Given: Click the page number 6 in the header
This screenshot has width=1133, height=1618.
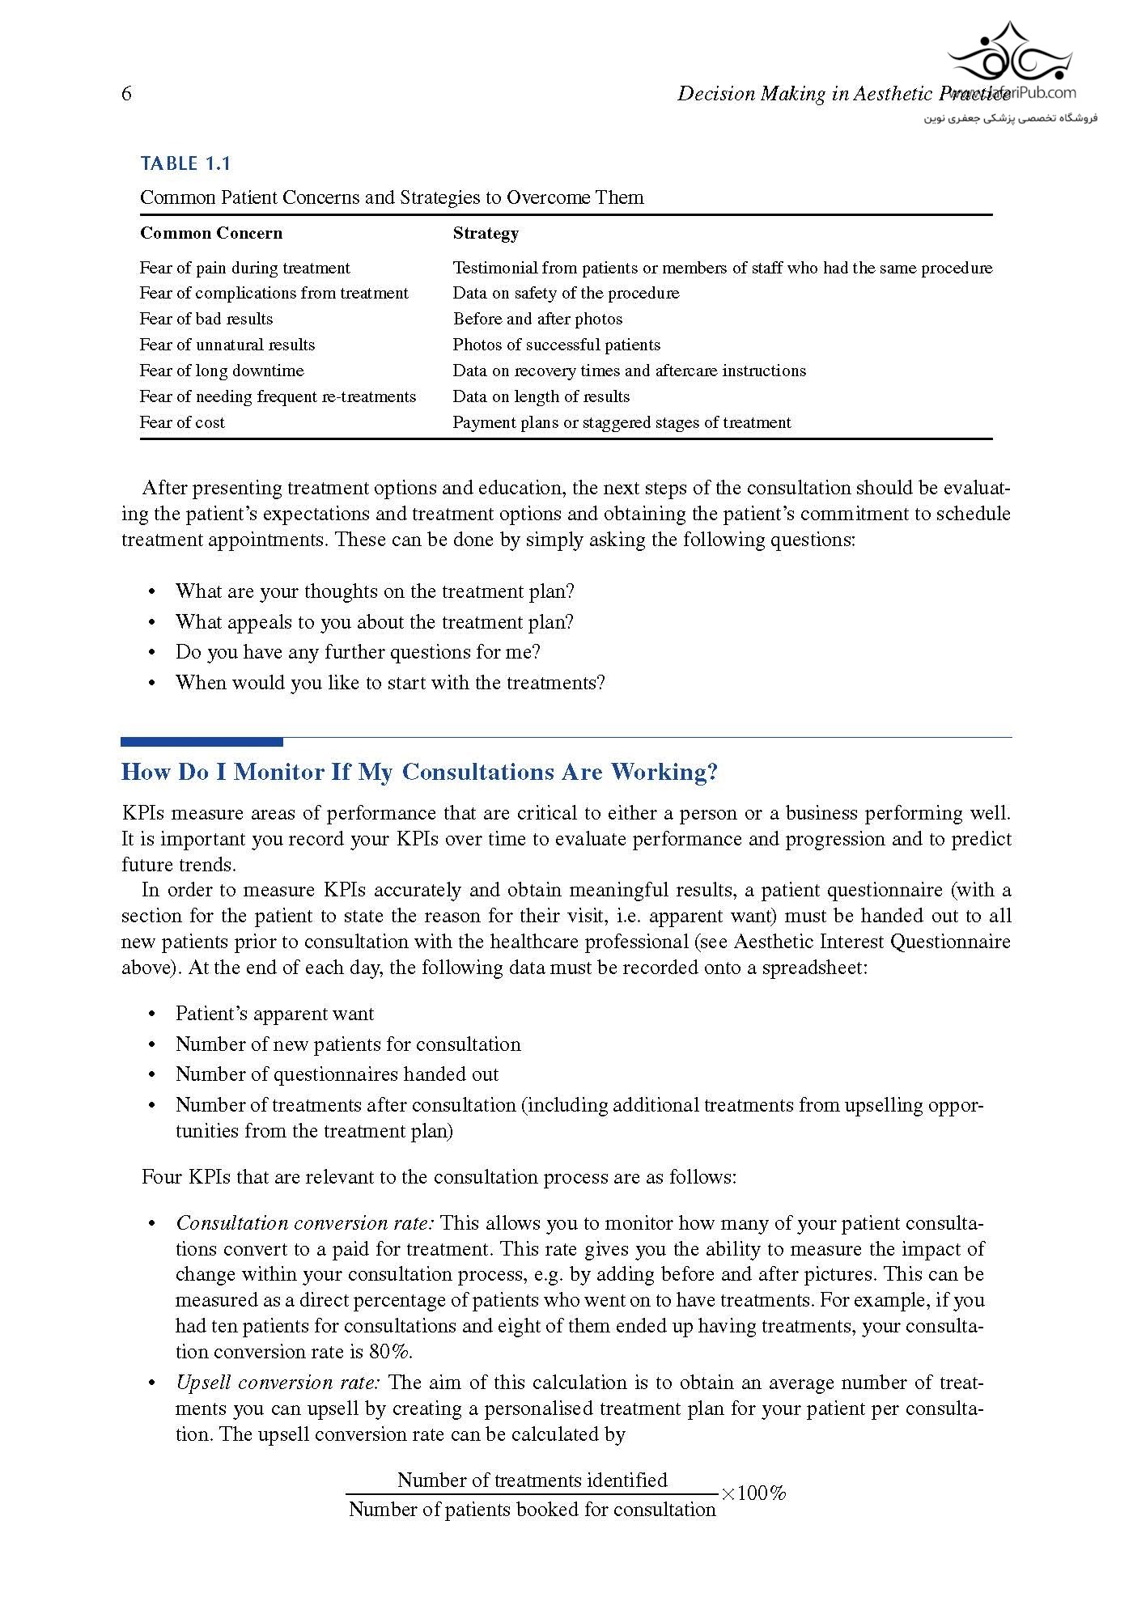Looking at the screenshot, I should tap(126, 94).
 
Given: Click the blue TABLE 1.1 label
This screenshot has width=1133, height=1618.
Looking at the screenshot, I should tap(185, 163).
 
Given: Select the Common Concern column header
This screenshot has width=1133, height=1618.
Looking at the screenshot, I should tap(211, 233).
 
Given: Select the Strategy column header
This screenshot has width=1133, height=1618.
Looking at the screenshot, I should tap(486, 233).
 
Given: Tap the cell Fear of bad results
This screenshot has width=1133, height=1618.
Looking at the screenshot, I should tap(206, 319).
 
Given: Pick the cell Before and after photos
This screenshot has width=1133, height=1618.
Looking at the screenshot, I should tap(537, 319).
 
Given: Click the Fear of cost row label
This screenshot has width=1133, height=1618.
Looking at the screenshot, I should tap(182, 422).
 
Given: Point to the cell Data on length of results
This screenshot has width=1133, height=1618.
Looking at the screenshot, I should tap(541, 396).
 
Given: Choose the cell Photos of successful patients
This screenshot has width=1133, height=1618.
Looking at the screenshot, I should tap(556, 345).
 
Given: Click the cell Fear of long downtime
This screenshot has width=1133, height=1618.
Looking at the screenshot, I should tap(222, 371).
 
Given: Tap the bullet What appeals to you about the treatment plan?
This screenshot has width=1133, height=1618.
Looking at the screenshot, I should tap(375, 622).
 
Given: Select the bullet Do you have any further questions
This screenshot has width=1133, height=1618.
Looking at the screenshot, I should tap(358, 652).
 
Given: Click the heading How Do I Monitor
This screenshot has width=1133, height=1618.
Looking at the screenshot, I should tap(419, 772).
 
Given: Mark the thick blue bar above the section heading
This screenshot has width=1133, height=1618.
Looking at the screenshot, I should tap(202, 741).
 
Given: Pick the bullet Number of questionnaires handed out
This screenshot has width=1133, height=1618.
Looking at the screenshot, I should tap(337, 1074).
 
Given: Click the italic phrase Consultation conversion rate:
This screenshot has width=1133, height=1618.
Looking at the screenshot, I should tap(305, 1222).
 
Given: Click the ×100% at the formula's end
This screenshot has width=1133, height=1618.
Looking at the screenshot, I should tap(753, 1493).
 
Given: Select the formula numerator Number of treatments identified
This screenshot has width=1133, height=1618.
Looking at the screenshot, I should tap(532, 1480).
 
